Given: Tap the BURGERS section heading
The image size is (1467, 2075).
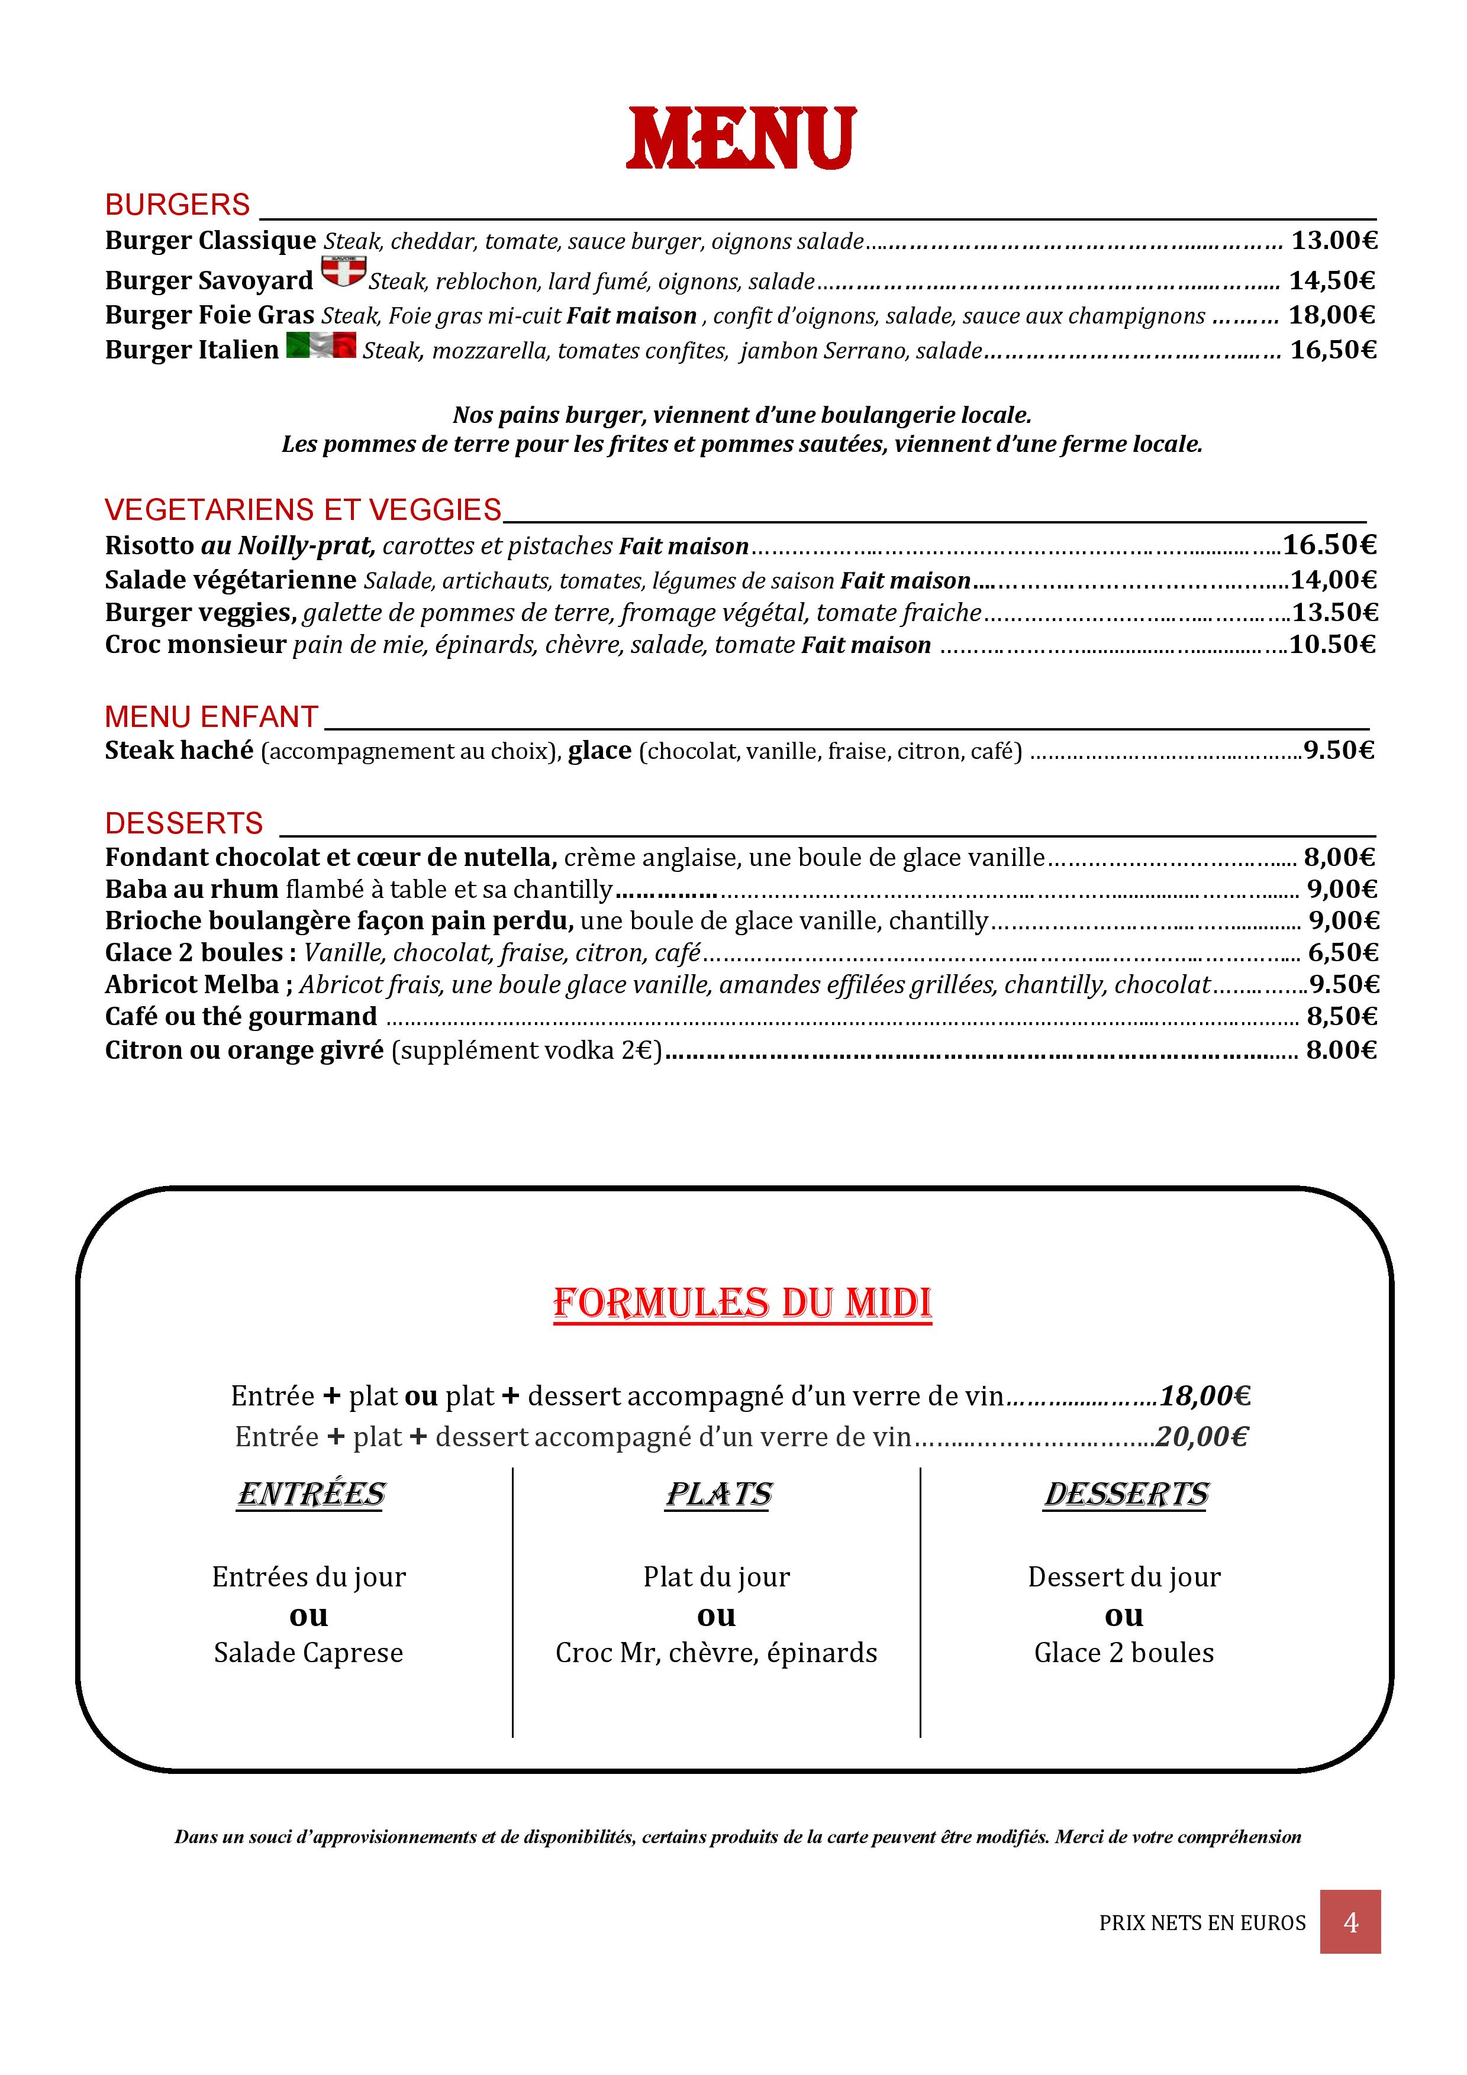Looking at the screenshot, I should click(x=177, y=205).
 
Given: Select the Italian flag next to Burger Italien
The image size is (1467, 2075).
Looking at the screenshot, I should click(x=321, y=346).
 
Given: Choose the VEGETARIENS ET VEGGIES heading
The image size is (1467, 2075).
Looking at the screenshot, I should click(x=303, y=510).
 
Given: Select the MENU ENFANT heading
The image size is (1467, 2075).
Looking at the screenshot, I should click(x=211, y=717).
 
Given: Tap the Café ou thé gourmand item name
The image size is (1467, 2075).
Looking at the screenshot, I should click(x=240, y=1017).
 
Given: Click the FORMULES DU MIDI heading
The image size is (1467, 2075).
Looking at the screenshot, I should click(x=742, y=1303).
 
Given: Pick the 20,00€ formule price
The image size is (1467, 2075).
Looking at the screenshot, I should click(x=1202, y=1436).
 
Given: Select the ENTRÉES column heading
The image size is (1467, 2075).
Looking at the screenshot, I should click(x=311, y=1495).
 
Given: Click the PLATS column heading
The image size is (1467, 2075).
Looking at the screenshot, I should click(x=718, y=1495).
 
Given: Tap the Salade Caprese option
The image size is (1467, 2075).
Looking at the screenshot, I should click(x=308, y=1652).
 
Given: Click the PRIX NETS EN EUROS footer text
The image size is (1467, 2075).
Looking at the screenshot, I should click(x=1202, y=1923).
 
